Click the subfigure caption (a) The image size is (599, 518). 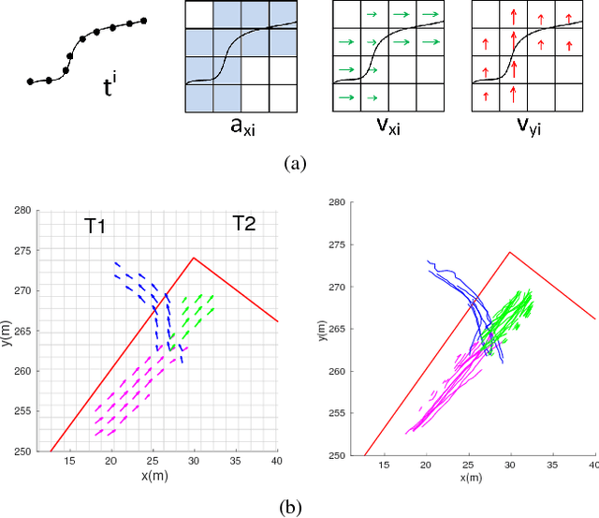point(296,163)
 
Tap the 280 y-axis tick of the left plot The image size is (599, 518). point(23,211)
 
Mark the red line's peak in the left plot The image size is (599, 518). point(194,258)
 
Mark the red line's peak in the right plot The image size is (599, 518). point(510,251)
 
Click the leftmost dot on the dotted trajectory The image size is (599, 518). point(30,81)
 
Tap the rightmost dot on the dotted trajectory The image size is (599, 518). point(144,20)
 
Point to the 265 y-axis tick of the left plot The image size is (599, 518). point(23,331)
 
